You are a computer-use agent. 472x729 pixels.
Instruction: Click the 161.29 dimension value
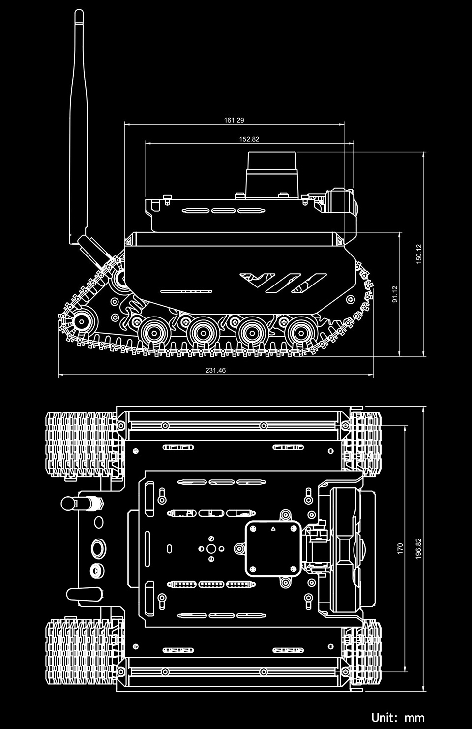(x=234, y=120)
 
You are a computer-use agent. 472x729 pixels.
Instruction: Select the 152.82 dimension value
(x=249, y=139)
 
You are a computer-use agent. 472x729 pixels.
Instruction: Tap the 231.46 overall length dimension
(x=215, y=370)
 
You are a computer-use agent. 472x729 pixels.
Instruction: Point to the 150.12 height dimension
(x=419, y=254)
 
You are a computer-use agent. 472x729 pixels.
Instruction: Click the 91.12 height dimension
(x=395, y=294)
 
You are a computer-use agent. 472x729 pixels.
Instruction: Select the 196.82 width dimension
(x=419, y=548)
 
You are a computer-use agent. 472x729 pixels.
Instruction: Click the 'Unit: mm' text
(x=398, y=717)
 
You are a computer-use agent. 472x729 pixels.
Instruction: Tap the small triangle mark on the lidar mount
(x=273, y=529)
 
